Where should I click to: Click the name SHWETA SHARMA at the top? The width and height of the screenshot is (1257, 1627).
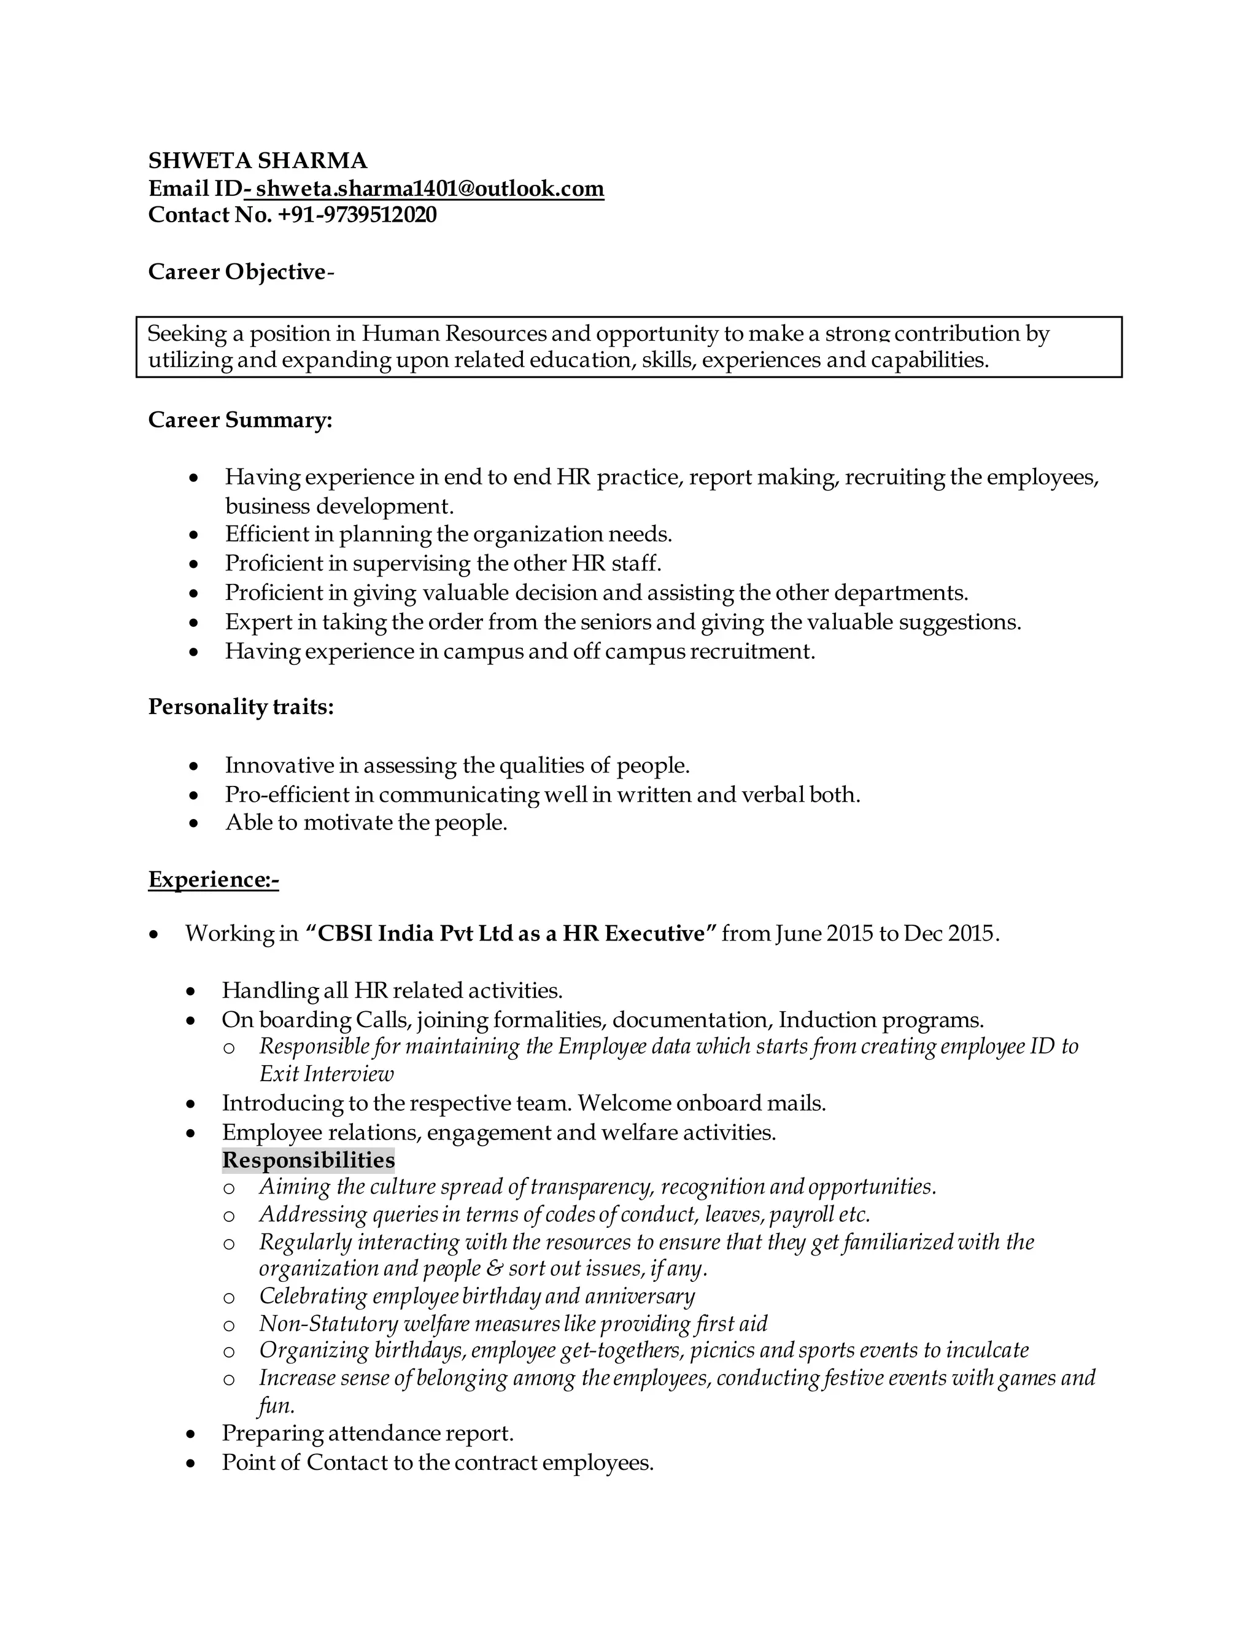[x=258, y=161]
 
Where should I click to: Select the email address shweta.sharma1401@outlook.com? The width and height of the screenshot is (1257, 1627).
[x=430, y=188]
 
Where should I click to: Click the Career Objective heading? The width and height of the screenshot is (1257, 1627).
[x=238, y=272]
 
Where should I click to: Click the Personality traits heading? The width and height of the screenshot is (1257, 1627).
[x=241, y=706]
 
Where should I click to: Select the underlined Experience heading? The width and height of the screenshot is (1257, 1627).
[x=213, y=880]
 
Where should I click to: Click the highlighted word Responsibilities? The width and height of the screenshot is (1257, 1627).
[x=308, y=1160]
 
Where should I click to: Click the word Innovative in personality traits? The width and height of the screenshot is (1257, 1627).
[x=279, y=765]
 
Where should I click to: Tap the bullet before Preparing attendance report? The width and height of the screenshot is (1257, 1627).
[x=191, y=1434]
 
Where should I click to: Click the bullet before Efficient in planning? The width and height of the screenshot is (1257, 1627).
[x=195, y=535]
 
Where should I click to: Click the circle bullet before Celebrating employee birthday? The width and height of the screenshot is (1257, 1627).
[x=230, y=1298]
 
